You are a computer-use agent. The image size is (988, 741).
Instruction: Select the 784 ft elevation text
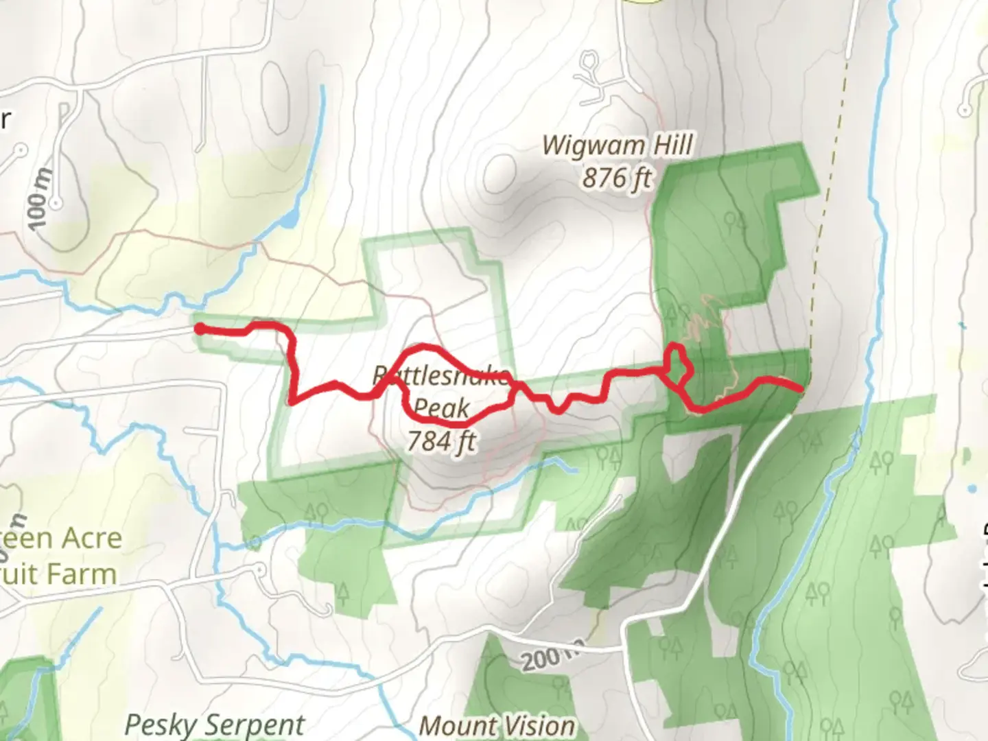(442, 440)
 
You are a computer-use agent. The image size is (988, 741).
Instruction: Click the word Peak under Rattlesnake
(442, 409)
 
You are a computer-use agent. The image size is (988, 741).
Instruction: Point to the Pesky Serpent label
(215, 725)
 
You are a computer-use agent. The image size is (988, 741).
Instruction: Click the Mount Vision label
(497, 726)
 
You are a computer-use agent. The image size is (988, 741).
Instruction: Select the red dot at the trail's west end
(200, 329)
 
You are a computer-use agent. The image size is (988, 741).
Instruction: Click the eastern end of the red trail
(800, 389)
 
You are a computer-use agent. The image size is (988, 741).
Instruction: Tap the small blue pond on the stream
(290, 220)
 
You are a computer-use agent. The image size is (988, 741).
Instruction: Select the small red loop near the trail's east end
(677, 360)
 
